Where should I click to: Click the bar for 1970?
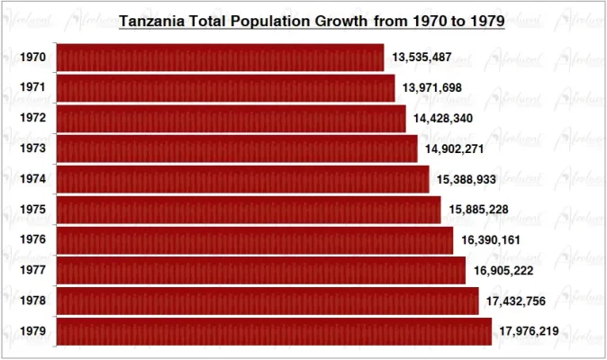220,58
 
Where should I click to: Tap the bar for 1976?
255,240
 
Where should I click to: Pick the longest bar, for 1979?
274,331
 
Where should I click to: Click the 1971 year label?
32,88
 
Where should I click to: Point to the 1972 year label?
32,119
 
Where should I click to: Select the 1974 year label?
32,180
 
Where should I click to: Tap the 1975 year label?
32,210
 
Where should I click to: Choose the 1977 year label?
32,271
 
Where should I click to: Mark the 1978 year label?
32,301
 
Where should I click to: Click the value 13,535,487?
421,58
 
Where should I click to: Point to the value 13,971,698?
433,88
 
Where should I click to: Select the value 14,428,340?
443,119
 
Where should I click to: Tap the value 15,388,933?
467,180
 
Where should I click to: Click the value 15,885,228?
478,210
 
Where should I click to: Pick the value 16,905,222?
503,271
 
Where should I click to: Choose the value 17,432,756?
516,301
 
